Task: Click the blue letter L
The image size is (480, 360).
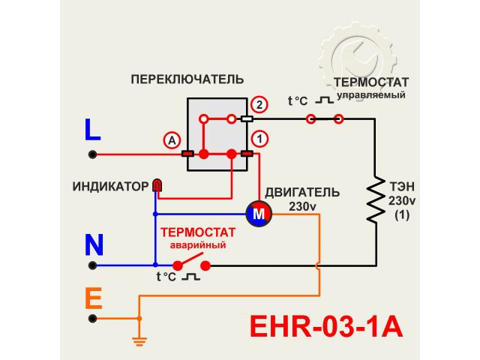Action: pyautogui.click(x=92, y=130)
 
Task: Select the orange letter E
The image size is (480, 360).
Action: pyautogui.click(x=93, y=299)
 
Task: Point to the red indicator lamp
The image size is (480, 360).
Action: pyautogui.click(x=157, y=184)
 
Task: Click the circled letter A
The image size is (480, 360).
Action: pyautogui.click(x=172, y=140)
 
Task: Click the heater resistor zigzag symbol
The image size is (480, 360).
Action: pyautogui.click(x=375, y=198)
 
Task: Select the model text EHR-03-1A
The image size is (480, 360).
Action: pyautogui.click(x=325, y=327)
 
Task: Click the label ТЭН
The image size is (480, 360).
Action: pyautogui.click(x=401, y=186)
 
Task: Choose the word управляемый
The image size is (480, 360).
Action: pyautogui.click(x=370, y=95)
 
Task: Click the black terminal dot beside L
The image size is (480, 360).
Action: pyautogui.click(x=93, y=154)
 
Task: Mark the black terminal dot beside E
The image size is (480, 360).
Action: pyautogui.click(x=93, y=319)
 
